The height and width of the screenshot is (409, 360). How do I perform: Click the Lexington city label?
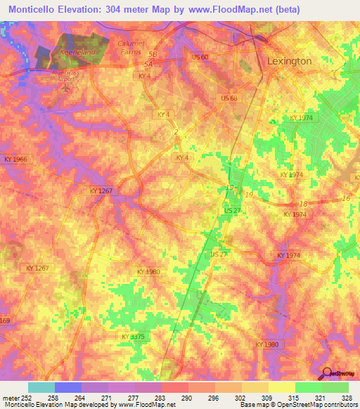coord(289,61)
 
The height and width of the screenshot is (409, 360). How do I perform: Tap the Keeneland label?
coord(77,53)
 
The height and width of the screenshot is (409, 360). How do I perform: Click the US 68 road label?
coord(229,98)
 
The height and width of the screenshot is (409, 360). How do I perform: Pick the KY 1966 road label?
coord(15,160)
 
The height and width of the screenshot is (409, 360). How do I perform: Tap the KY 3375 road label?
coord(134,337)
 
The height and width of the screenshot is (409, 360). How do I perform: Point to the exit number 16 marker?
coord(345,199)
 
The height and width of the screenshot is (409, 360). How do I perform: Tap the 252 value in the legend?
coord(24,398)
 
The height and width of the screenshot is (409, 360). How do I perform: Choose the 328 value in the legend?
coord(347,398)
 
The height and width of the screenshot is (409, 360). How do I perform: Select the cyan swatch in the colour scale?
coord(41,387)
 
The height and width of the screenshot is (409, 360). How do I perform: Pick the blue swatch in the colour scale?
coord(68,387)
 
